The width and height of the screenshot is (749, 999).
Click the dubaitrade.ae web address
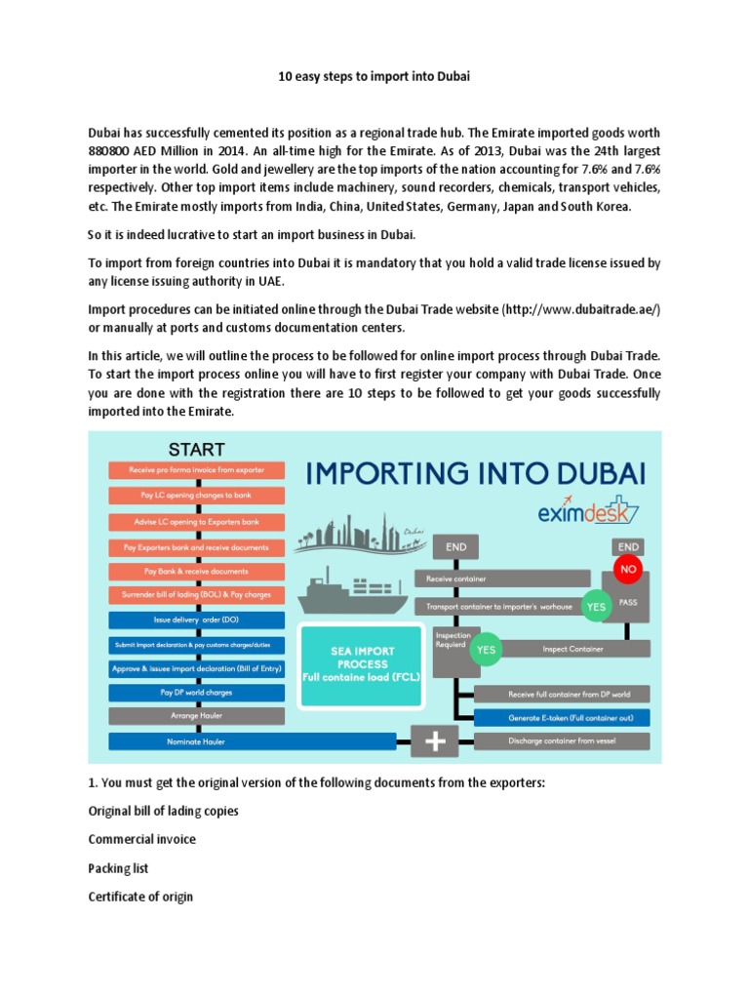click(x=581, y=308)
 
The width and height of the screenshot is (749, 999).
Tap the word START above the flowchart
click(x=196, y=450)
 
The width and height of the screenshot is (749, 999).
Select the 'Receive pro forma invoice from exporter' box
click(x=196, y=470)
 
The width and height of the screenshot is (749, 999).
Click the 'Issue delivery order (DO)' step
click(x=196, y=619)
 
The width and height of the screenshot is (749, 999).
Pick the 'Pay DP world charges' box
click(x=196, y=692)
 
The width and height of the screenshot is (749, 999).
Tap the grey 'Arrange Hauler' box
click(x=196, y=716)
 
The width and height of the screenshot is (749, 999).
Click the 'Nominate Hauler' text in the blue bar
click(x=196, y=741)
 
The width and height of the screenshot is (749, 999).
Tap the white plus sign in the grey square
click(x=436, y=741)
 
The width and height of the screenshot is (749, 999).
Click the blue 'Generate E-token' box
click(x=561, y=718)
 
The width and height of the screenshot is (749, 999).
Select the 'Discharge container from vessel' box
click(x=561, y=741)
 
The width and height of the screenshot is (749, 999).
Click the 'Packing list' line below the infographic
click(x=118, y=867)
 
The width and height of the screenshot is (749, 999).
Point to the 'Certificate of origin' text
click(x=140, y=896)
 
